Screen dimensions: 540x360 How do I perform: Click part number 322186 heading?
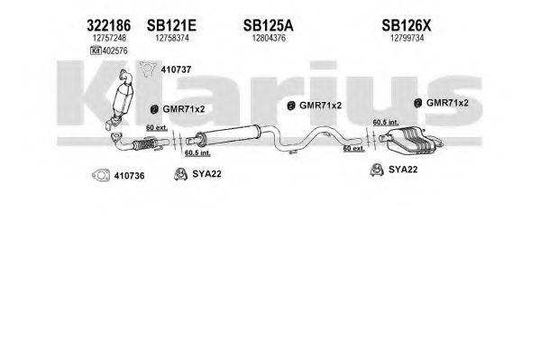point(108,25)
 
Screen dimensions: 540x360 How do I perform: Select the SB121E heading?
point(171,25)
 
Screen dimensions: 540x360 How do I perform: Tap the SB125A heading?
point(269,25)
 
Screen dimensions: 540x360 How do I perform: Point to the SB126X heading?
point(407,25)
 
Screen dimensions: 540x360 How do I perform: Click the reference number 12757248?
point(109,38)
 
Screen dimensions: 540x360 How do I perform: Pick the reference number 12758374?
point(172,38)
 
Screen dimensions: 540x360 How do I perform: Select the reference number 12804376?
point(269,38)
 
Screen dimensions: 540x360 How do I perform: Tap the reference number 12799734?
point(407,38)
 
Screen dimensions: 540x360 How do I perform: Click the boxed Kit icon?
point(96,51)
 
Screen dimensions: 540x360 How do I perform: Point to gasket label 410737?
point(176,69)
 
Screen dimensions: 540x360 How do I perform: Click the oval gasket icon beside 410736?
point(101,176)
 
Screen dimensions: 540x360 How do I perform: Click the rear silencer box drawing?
point(410,141)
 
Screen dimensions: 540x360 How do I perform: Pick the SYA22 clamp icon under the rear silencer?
point(377,170)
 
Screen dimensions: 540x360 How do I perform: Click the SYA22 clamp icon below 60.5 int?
point(180,174)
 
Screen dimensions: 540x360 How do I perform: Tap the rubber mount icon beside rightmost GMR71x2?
point(417,103)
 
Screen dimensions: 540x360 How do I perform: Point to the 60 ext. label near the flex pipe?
point(157,127)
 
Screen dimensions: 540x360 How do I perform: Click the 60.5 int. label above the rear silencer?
point(386,122)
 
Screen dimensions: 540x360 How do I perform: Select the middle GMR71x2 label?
point(320,106)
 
